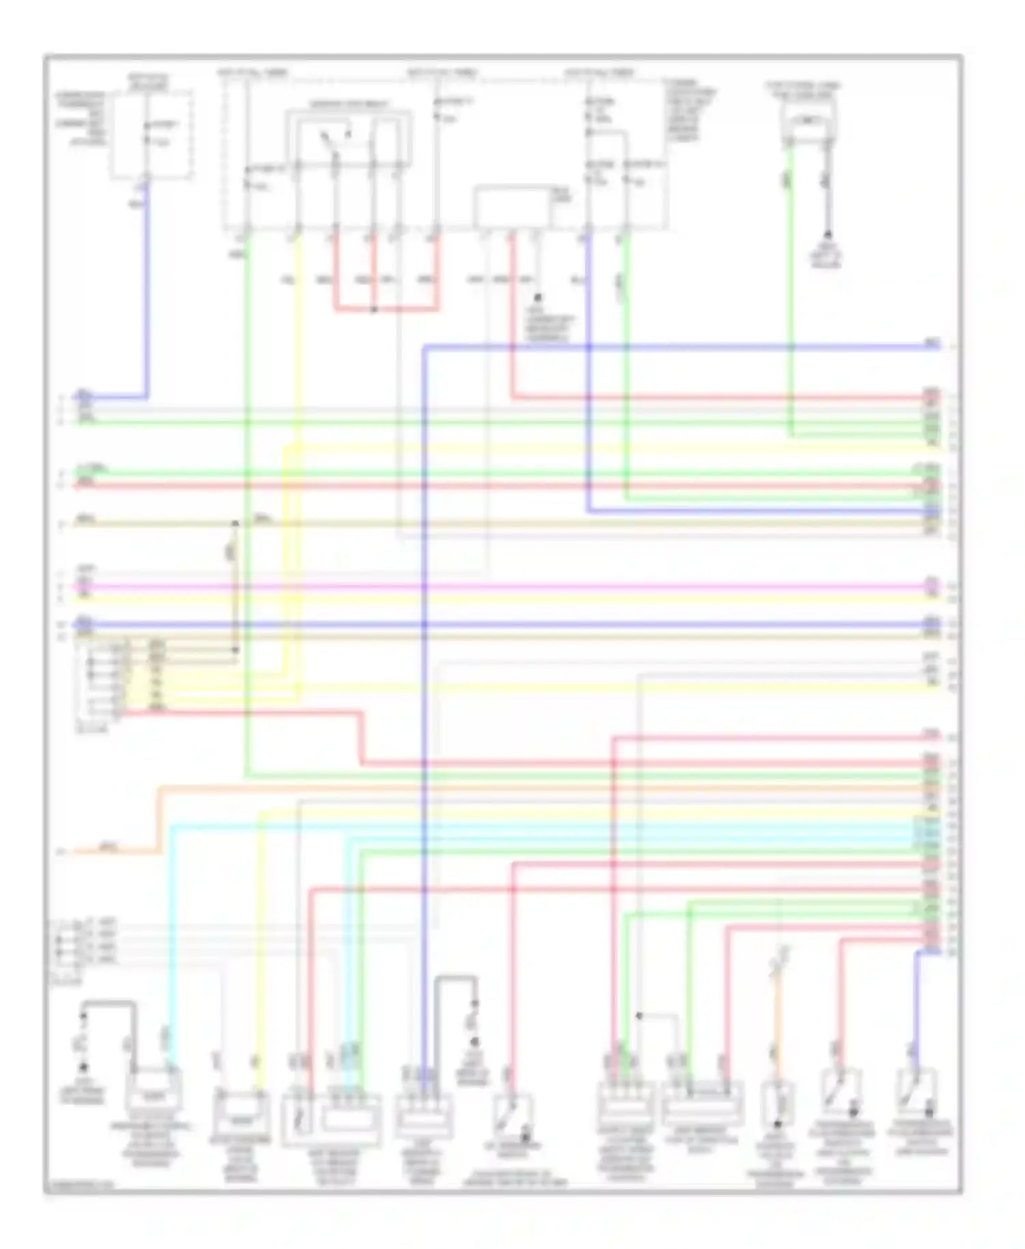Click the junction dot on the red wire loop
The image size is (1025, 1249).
point(374,310)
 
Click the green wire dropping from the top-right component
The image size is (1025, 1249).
point(791,287)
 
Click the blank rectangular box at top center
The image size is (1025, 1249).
point(512,206)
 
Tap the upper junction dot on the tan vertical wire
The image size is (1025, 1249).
point(235,524)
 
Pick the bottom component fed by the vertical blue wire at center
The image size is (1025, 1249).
point(424,1114)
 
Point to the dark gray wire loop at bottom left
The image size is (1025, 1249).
point(109,1004)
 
